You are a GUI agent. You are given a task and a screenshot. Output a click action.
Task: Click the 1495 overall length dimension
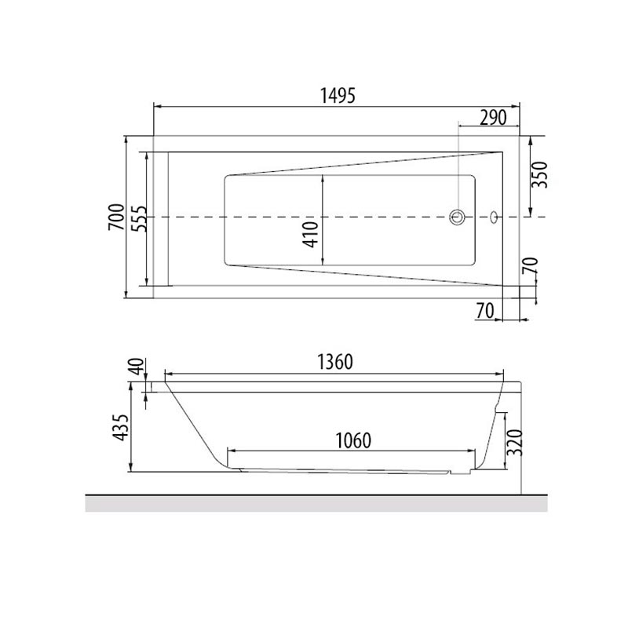(338, 96)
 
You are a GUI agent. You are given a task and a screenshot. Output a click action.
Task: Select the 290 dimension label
(493, 118)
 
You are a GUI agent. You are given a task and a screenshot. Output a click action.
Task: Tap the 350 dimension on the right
(539, 174)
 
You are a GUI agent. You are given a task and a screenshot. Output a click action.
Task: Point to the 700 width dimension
(116, 217)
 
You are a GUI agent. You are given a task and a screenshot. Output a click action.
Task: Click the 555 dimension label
(140, 219)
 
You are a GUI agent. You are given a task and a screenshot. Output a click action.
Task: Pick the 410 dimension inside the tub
(311, 234)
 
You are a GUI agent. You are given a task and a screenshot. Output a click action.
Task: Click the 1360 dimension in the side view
(335, 362)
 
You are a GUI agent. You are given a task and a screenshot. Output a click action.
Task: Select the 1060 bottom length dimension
(353, 441)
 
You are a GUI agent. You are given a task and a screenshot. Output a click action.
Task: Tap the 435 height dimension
(120, 428)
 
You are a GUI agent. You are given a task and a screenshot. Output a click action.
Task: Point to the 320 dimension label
(515, 443)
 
